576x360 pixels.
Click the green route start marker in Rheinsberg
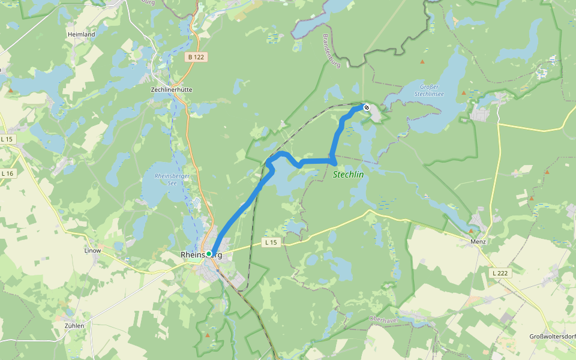(209, 254)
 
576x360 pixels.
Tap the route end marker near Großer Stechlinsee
(366, 107)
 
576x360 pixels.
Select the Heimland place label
(81, 35)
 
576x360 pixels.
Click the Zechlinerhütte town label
(171, 89)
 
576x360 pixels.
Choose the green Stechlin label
(348, 175)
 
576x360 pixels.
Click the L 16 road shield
(7, 173)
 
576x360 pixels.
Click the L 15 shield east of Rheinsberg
(272, 242)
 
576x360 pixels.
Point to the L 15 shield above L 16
(7, 139)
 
